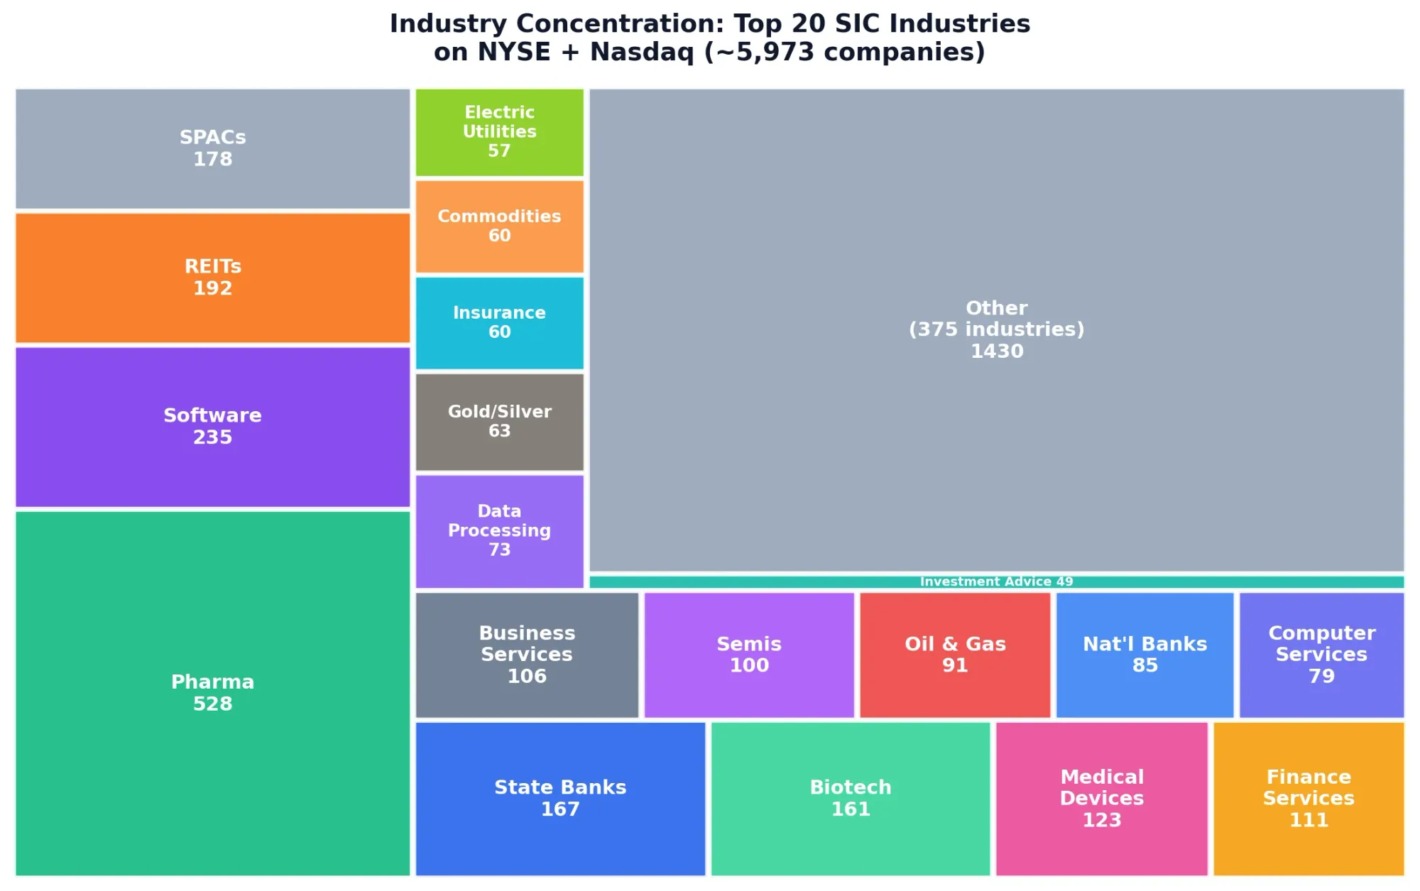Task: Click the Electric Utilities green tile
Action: click(499, 132)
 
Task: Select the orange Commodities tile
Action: click(499, 226)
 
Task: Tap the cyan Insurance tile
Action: click(499, 323)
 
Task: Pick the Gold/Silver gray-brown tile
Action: click(499, 422)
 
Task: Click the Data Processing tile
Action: click(499, 531)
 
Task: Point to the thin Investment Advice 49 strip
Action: click(996, 582)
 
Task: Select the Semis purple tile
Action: click(749, 655)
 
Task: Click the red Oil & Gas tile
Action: click(955, 655)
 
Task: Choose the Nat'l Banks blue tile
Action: click(1145, 655)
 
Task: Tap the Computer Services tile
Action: click(1321, 655)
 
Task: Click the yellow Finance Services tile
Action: click(1309, 799)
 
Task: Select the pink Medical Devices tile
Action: click(1101, 799)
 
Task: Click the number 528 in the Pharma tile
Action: click(212, 704)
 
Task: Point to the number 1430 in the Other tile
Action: click(997, 351)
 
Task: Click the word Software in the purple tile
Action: click(212, 415)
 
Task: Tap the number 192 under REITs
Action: click(212, 288)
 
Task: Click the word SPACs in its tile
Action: click(212, 137)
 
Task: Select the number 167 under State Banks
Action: click(560, 809)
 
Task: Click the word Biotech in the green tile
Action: click(851, 787)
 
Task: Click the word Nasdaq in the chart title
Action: click(642, 52)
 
